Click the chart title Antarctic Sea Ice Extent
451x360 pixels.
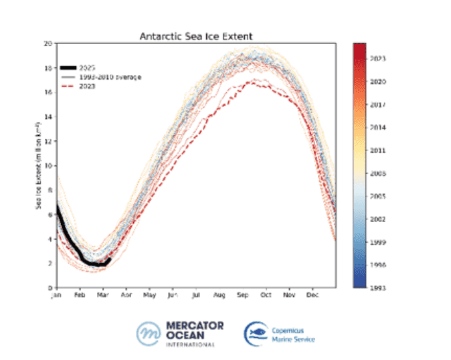click(195, 35)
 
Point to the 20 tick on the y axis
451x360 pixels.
click(48, 43)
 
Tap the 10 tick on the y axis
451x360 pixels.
click(48, 166)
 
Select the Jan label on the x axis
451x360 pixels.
click(56, 295)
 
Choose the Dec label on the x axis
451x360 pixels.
click(312, 295)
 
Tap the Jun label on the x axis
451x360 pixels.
click(172, 295)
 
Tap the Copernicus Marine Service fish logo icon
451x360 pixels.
click(254, 333)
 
